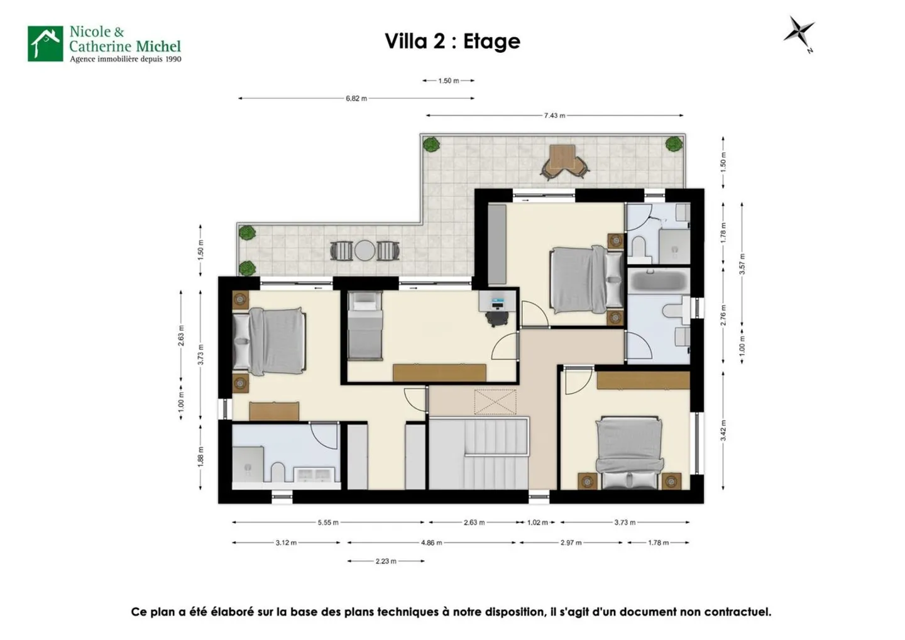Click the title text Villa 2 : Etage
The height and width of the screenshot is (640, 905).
pyautogui.click(x=452, y=41)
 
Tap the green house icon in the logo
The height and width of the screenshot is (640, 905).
pyautogui.click(x=45, y=43)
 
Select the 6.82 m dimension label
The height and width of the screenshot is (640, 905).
pyautogui.click(x=356, y=99)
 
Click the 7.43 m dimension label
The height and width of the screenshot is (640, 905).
pyautogui.click(x=554, y=116)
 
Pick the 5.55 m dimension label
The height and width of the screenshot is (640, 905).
pyautogui.click(x=328, y=522)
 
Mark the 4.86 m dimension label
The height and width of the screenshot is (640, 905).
pyautogui.click(x=431, y=543)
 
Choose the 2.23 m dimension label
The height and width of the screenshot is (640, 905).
pyautogui.click(x=386, y=561)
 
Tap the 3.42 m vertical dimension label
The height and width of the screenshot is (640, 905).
pyautogui.click(x=723, y=431)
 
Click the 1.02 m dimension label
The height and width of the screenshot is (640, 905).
pyautogui.click(x=537, y=522)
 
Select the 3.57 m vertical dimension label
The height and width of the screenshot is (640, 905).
pyautogui.click(x=742, y=264)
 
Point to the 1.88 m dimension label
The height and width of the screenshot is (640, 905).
pyautogui.click(x=201, y=456)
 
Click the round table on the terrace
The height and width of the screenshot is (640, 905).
pyautogui.click(x=365, y=251)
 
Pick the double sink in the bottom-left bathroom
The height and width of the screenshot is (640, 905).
pyautogui.click(x=313, y=475)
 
